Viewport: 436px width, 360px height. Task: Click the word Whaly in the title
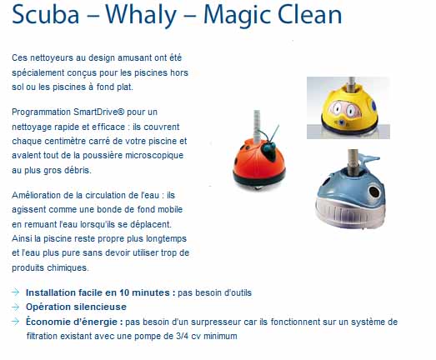141,15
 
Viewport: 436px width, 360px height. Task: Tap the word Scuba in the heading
46,14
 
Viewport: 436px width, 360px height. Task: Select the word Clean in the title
310,14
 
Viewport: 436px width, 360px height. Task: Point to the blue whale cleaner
351,192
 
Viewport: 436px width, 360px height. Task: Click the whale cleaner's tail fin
369,161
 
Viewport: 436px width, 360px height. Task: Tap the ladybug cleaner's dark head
268,150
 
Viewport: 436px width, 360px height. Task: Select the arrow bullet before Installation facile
16,292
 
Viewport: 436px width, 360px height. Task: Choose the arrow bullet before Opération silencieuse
16,307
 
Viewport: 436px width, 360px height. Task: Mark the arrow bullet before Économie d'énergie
16,322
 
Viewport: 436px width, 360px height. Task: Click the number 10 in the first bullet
124,292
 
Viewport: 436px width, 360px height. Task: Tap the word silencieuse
100,307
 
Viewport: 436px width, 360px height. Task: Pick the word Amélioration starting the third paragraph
36,195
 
